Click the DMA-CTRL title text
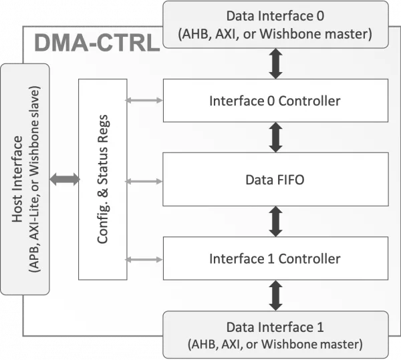coord(97,43)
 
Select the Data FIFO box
coord(275,180)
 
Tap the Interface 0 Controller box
coord(275,100)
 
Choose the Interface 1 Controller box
coord(275,258)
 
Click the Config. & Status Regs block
coord(102,180)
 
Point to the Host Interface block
coord(25,180)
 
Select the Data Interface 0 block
coord(275,25)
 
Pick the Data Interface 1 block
coord(275,335)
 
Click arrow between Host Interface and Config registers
coord(64,180)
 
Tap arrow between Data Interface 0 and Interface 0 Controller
coord(275,63)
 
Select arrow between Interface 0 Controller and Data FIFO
coord(275,137)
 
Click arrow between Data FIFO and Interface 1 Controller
coord(275,222)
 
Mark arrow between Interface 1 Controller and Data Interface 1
coord(275,295)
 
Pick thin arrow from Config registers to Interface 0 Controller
coord(144,100)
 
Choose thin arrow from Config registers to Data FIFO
coord(144,182)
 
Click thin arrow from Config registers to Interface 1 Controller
coord(144,260)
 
